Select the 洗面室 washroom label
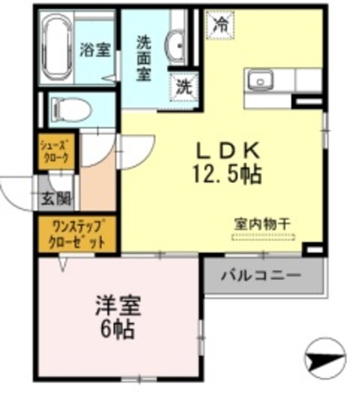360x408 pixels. (143, 58)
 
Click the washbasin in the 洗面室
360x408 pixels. (175, 45)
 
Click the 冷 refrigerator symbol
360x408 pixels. (219, 25)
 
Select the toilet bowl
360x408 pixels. (68, 110)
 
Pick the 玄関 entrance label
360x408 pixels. (57, 200)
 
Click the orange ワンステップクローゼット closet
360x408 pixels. (77, 235)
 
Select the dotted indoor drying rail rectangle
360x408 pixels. (263, 238)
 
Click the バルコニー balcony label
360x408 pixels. (261, 277)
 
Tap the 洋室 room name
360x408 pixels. (118, 305)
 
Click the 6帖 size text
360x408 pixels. (117, 330)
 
